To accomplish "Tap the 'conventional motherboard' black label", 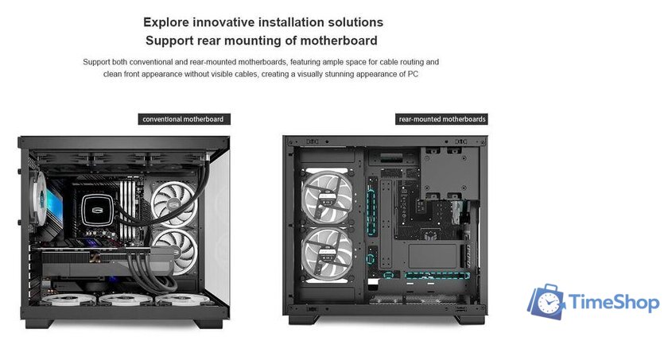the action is [x=184, y=119].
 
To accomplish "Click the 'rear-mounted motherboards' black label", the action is [x=442, y=119].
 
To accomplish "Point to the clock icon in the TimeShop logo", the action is [x=548, y=303].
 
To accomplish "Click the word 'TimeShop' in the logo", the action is [x=613, y=302].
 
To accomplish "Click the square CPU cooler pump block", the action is [x=97, y=210].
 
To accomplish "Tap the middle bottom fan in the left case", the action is [x=126, y=300].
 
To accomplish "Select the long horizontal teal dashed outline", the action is [x=437, y=275].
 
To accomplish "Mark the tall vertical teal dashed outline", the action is [x=371, y=212].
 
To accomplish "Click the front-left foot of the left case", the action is [x=39, y=323].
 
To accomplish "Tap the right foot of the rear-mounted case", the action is [x=470, y=319].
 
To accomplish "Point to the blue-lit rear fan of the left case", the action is [x=40, y=198].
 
